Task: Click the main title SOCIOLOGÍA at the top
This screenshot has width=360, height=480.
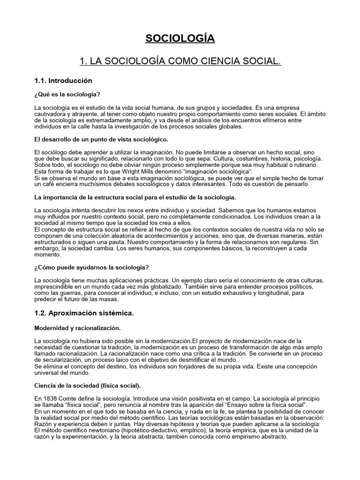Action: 180,38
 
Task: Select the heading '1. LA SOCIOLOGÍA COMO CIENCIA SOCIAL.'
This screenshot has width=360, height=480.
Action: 180,62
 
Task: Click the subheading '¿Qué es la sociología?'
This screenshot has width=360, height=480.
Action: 67,94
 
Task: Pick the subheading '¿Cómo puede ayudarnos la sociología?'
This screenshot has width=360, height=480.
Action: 92,267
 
